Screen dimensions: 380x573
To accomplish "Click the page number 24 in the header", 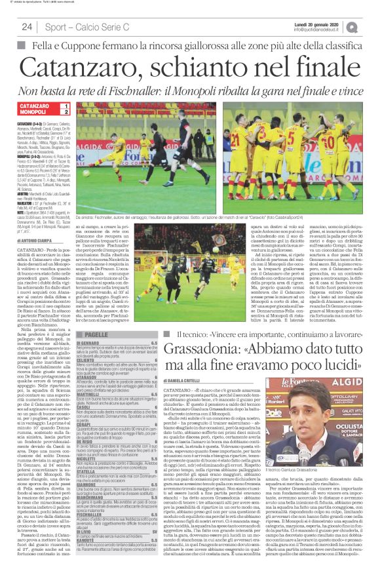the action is coord(28,27).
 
